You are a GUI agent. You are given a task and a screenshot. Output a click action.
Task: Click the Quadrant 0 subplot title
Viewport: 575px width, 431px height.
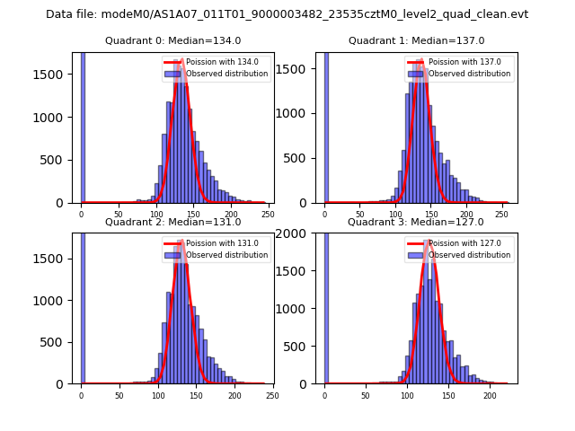click(x=172, y=40)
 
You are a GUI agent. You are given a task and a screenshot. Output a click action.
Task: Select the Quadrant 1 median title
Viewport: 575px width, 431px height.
click(x=416, y=40)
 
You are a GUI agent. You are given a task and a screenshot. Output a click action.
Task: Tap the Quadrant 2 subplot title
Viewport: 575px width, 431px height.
click(x=172, y=222)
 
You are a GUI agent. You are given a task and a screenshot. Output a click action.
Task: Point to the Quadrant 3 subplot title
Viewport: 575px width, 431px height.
click(x=416, y=222)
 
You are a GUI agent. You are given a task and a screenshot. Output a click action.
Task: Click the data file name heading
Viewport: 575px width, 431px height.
click(x=287, y=14)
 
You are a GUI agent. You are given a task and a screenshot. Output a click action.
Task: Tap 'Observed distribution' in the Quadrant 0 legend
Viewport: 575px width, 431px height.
click(x=226, y=74)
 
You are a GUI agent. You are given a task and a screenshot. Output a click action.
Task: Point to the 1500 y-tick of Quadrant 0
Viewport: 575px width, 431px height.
click(x=52, y=75)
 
